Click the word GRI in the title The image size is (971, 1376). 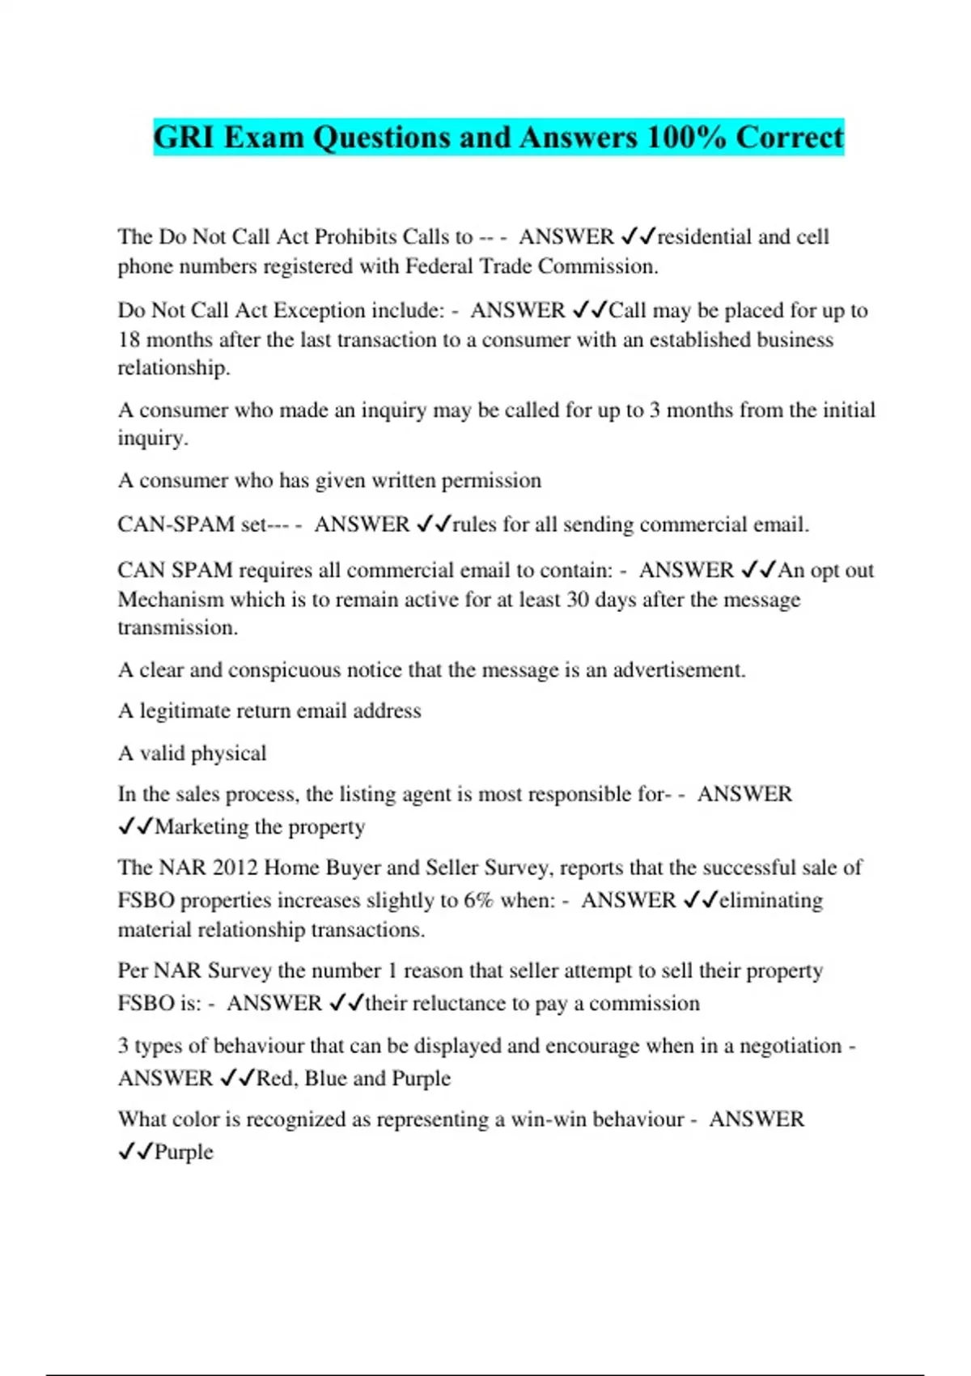point(184,137)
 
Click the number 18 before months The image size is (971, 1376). point(129,339)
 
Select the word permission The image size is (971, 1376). point(491,480)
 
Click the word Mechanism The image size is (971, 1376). point(171,599)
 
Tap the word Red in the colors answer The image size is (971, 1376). point(275,1078)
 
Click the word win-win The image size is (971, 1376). point(548,1119)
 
